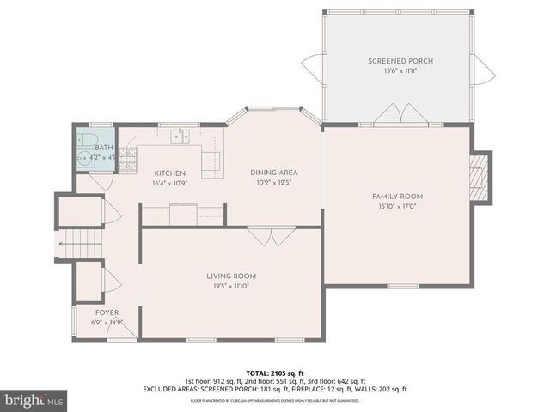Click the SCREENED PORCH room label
click(400, 61)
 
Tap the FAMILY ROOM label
click(400, 197)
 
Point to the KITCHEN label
click(169, 173)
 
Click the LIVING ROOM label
click(231, 276)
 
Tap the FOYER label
click(107, 312)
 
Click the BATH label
click(103, 148)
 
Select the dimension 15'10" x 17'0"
click(400, 206)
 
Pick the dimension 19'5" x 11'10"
click(231, 286)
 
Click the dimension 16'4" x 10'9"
click(169, 183)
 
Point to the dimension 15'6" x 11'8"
click(400, 71)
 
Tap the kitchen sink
click(180, 136)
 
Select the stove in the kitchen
click(128, 157)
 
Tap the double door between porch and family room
click(397, 115)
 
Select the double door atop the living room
click(263, 236)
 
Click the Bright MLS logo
click(34, 400)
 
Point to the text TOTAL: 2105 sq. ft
click(275, 373)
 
